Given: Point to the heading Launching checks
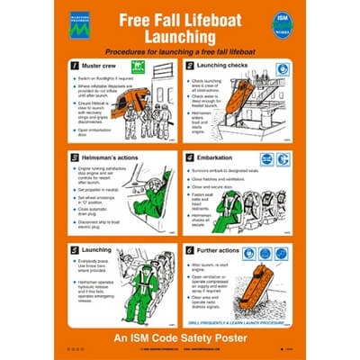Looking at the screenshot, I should point(223,67).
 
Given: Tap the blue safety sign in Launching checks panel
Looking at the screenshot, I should point(282,67).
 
